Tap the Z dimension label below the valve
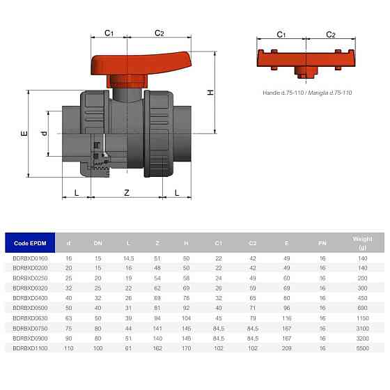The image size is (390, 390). (126, 192)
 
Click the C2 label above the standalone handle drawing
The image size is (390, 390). (331, 34)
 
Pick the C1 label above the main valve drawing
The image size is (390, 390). (109, 33)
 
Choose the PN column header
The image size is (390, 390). (322, 243)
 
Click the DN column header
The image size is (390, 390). (97, 243)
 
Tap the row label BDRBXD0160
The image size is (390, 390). (30, 258)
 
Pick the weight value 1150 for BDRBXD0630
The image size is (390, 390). (362, 317)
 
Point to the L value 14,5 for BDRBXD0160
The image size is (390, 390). (128, 258)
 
